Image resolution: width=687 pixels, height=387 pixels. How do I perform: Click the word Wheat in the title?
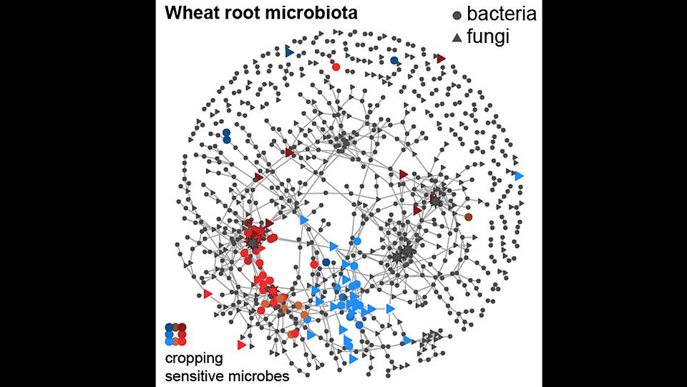(x=185, y=13)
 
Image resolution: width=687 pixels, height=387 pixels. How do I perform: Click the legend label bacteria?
(x=502, y=14)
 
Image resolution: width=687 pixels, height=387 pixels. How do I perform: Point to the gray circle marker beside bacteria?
(x=457, y=15)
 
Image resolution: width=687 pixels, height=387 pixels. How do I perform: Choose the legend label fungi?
(x=488, y=36)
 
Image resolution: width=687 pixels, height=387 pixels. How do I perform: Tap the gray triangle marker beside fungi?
(x=457, y=38)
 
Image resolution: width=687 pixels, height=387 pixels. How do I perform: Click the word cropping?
(x=194, y=359)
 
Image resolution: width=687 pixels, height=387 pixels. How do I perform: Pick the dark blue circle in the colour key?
(x=169, y=328)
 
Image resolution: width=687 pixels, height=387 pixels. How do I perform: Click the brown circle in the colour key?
(x=176, y=326)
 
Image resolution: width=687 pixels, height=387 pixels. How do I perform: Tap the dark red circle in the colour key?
(x=182, y=328)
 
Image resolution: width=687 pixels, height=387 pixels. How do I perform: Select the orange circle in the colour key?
(x=176, y=342)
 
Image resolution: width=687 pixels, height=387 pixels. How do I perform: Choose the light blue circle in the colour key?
(x=169, y=341)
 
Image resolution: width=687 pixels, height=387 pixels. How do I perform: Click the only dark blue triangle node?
(x=289, y=52)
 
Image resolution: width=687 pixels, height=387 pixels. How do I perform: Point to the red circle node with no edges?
(x=336, y=67)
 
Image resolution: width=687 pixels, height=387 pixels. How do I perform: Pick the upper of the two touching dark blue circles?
(x=227, y=133)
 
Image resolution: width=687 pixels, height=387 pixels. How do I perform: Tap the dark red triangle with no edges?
(x=442, y=58)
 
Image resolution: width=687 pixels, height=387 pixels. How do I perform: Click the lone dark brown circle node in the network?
(x=468, y=216)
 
